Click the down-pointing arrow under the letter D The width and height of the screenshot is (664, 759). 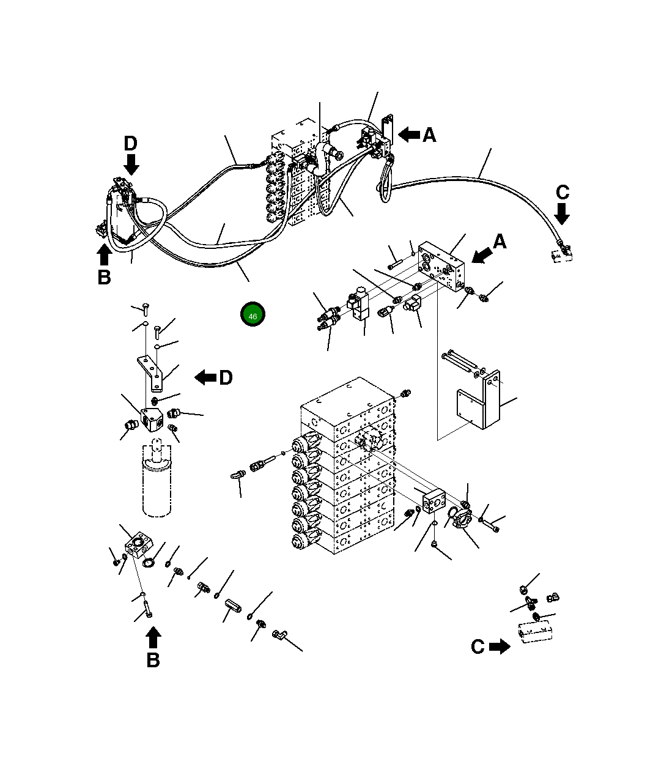coord(131,164)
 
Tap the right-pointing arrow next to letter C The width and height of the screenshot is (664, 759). coord(500,646)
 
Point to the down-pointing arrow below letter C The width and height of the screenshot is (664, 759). coord(562,213)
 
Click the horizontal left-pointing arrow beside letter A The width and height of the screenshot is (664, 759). coord(408,135)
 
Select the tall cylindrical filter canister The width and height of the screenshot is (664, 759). coord(156,483)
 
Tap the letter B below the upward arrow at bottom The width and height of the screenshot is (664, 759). coord(153,660)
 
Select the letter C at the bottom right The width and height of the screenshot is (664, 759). coord(478,647)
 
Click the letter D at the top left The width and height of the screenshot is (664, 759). coord(131,144)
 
